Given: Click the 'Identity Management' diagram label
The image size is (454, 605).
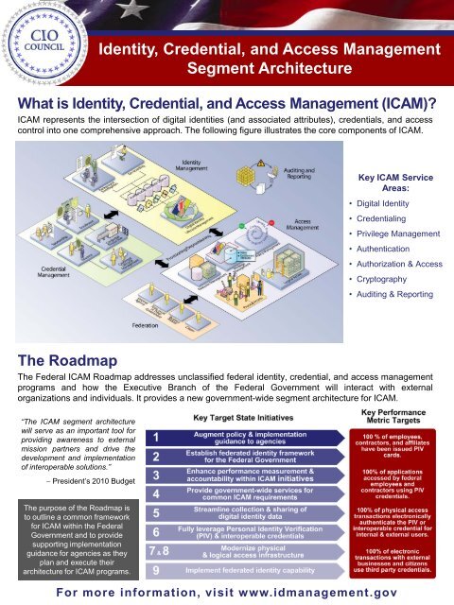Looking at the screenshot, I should [x=196, y=167].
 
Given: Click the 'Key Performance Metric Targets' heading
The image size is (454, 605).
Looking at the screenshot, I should [x=399, y=419].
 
